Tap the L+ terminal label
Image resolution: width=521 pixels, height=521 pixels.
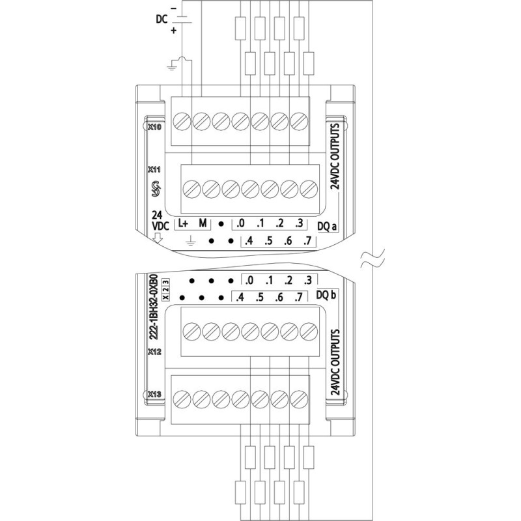coord(182,223)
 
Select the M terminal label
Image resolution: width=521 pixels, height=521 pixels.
coord(203,223)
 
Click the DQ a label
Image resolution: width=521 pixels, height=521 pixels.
coord(326,227)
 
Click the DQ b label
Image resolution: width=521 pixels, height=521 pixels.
coord(326,295)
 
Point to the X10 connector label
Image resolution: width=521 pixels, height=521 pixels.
coord(155,128)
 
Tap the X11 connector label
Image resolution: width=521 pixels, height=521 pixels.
coord(155,169)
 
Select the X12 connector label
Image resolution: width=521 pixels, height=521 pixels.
coord(155,352)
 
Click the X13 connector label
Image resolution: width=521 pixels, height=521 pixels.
coord(155,394)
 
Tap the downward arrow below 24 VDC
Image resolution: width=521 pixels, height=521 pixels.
coord(157,238)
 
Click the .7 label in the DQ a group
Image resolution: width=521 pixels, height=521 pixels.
coord(307,242)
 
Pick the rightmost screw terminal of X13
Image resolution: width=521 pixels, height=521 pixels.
coord(300,398)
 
